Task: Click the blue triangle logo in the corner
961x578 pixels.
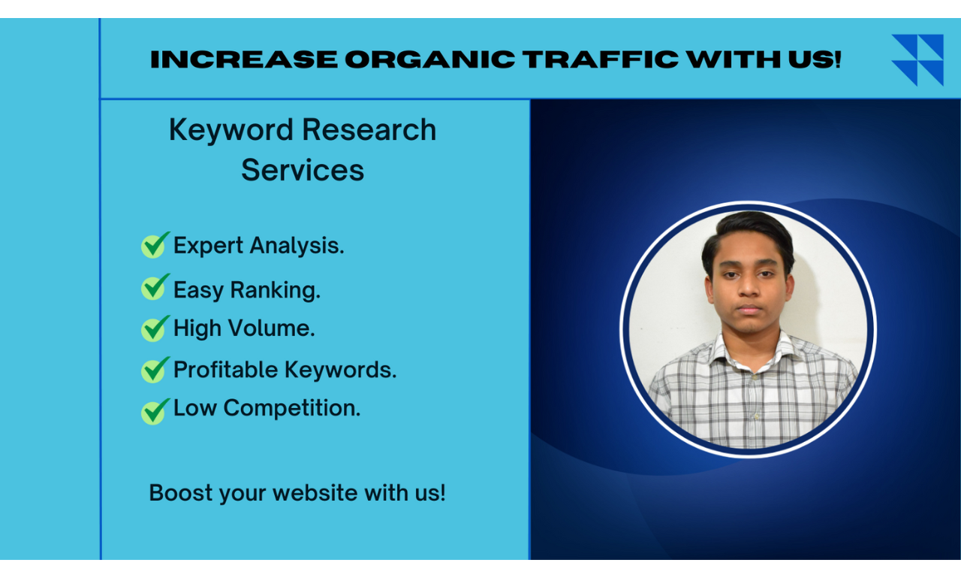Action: point(917,59)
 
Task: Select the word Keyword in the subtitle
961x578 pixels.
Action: point(229,130)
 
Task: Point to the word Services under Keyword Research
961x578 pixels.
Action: point(303,170)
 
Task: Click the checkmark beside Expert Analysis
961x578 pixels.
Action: point(155,245)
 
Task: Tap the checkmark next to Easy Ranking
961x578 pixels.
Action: point(155,287)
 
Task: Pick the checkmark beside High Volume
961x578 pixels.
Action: point(155,328)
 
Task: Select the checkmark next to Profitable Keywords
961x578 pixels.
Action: point(155,369)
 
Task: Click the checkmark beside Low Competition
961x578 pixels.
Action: point(155,410)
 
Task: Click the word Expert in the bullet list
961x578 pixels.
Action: point(209,246)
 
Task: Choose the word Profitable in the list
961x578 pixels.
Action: point(226,369)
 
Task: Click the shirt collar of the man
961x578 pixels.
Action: point(751,350)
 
